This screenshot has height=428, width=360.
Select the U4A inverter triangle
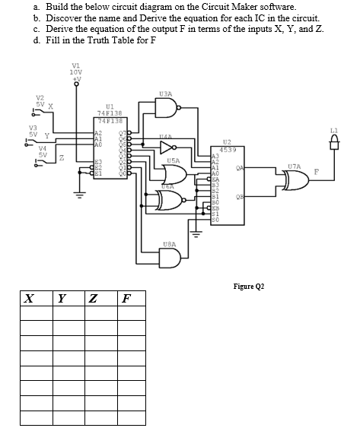(x=166, y=147)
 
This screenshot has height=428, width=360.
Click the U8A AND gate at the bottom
(x=170, y=258)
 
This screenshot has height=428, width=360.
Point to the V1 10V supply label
(x=76, y=70)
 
